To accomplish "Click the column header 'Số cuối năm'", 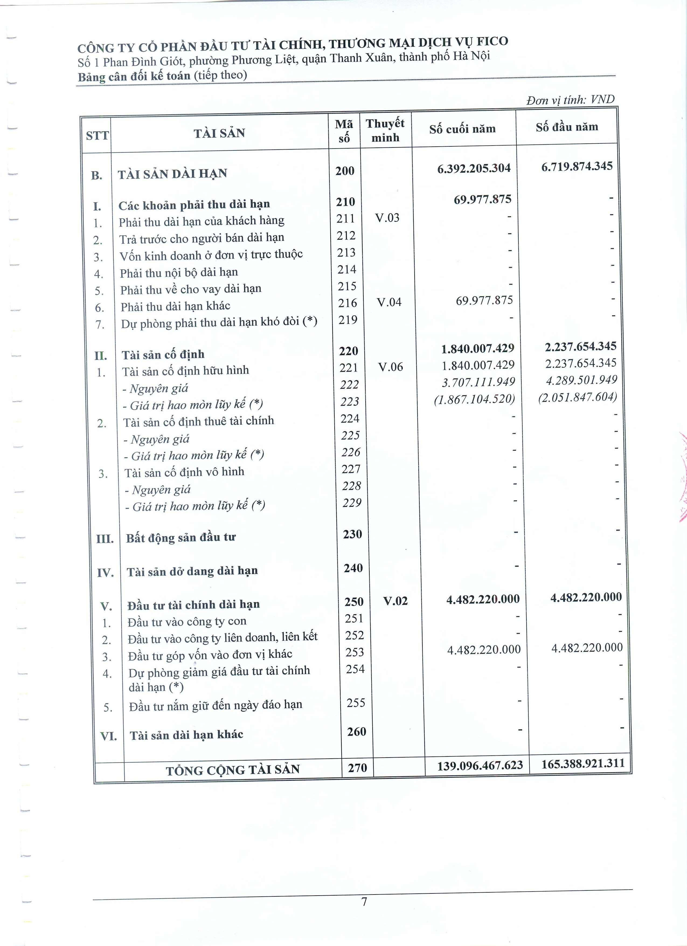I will coord(462,129).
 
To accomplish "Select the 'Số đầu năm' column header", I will coord(567,127).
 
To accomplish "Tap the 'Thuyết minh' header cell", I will coord(385,130).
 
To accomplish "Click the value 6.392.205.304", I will coord(474,168).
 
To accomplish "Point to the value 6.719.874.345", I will coord(577,166).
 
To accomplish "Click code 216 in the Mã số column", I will coord(347,303).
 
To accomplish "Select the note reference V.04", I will coord(389,302).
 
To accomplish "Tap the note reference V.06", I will coord(391,367).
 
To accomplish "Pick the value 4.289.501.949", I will coord(581,380).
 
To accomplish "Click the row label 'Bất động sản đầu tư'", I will coord(181,538).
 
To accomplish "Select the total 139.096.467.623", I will coord(480,765).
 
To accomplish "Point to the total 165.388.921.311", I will coord(583,764).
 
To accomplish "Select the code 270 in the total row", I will coord(357,768).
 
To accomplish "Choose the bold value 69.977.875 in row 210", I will coord(482,199).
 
